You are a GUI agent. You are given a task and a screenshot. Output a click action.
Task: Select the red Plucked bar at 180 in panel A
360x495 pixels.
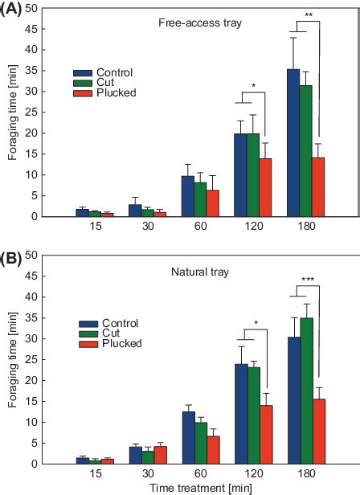tap(319, 186)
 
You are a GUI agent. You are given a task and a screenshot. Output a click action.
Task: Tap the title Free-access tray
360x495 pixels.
tap(194, 22)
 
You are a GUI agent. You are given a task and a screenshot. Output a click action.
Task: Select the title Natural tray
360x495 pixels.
tap(194, 272)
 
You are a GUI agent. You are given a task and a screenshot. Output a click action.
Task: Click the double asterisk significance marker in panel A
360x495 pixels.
tap(309, 14)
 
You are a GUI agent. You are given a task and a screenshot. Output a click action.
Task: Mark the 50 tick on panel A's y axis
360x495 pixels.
tap(35, 7)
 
